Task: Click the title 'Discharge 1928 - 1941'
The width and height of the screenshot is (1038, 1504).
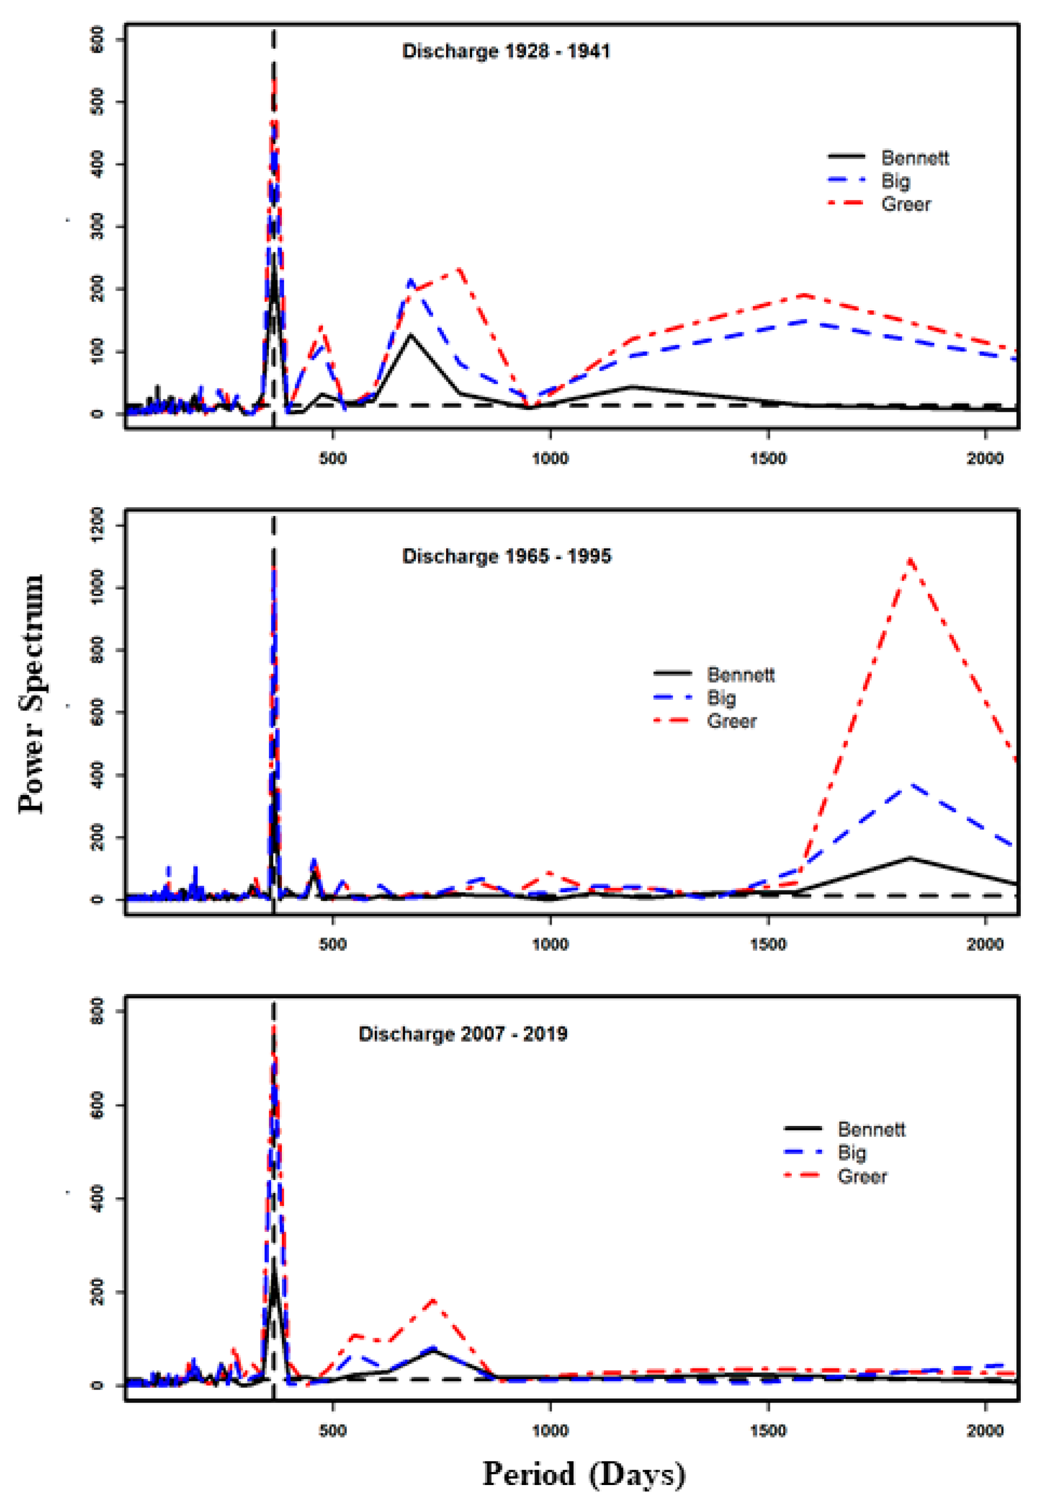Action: [x=505, y=51]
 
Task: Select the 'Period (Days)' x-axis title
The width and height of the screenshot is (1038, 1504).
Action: [x=584, y=1473]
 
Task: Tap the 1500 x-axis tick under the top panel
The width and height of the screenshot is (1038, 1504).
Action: [x=768, y=459]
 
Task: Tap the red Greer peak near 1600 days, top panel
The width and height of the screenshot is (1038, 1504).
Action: [x=805, y=295]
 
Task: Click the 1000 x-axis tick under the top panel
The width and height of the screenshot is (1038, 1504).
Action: [x=550, y=459]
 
